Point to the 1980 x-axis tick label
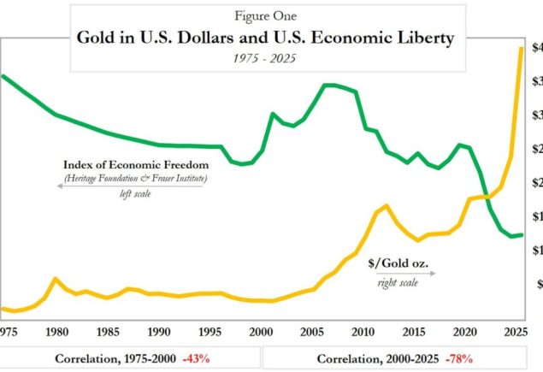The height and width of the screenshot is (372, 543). [57, 331]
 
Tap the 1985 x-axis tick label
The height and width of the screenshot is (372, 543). [108, 331]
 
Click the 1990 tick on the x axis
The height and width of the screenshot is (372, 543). [158, 331]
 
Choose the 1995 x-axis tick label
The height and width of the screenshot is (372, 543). [210, 331]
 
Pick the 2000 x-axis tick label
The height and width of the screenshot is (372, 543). [261, 331]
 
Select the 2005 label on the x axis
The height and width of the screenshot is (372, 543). [312, 331]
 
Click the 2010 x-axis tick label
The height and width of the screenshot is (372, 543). [363, 331]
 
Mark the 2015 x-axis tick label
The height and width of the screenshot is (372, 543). [415, 331]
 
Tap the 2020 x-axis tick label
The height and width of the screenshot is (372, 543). [466, 331]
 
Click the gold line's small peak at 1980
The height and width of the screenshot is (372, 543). [56, 279]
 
